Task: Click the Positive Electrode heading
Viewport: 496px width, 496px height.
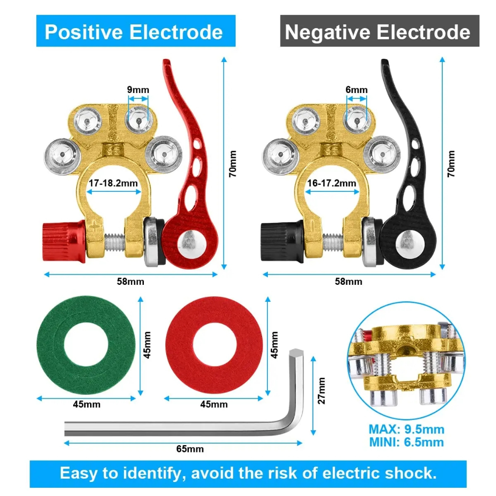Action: tap(134, 32)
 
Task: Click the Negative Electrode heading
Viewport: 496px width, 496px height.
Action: tap(378, 32)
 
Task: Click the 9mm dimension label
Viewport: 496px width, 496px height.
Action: tap(138, 90)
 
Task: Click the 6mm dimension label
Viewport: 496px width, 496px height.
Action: tap(356, 90)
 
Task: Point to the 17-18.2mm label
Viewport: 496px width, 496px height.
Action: tap(113, 183)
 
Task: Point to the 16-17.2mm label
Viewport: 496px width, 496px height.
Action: tap(332, 183)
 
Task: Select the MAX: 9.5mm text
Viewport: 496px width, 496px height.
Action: tap(406, 429)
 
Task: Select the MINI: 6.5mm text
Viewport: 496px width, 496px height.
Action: tap(406, 442)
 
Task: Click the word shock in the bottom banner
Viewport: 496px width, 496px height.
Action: tap(411, 473)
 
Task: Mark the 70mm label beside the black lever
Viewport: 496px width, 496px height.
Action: tap(451, 163)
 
